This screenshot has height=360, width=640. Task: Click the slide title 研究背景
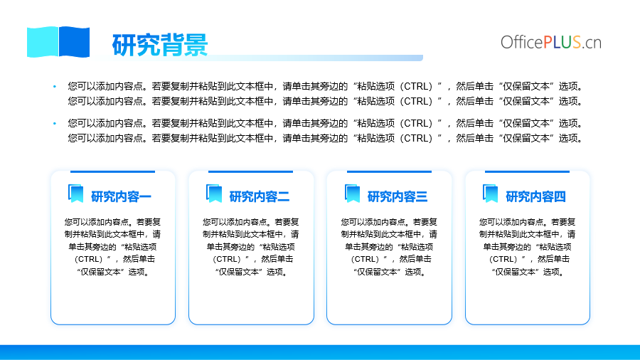click(160, 45)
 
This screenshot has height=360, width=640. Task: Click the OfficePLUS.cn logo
click(551, 43)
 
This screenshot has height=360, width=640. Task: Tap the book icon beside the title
click(58, 42)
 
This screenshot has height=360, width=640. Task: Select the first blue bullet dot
click(55, 87)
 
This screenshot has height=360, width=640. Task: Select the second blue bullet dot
click(55, 123)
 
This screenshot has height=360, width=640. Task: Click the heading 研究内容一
click(121, 197)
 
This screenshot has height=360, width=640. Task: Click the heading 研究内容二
click(259, 197)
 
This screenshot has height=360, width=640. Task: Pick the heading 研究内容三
click(398, 197)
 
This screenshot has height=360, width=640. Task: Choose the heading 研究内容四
click(535, 197)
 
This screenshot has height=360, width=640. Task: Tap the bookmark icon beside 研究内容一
click(76, 194)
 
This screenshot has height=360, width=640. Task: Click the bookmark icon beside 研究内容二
click(214, 194)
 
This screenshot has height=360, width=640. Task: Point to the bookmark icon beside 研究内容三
click(352, 194)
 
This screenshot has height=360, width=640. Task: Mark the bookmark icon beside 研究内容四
click(491, 194)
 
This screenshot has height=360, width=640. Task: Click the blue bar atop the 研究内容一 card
click(112, 172)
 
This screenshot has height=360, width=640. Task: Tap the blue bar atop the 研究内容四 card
click(527, 172)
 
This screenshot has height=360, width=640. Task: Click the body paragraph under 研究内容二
click(251, 247)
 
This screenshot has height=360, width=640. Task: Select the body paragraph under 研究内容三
click(389, 247)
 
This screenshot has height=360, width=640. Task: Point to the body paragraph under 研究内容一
click(112, 247)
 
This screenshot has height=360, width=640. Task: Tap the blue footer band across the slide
click(320, 353)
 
